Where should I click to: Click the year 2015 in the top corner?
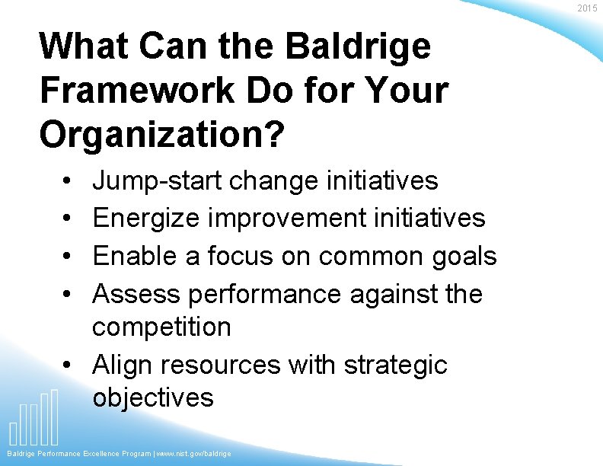587,8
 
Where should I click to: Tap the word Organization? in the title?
162,135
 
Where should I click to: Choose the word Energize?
145,219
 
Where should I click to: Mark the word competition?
161,327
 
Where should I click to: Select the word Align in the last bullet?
119,365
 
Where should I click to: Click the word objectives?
153,397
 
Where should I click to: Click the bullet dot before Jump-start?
68,182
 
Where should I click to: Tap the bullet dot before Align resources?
68,365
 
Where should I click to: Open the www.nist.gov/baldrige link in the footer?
193,454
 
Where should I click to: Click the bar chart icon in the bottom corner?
33,418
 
